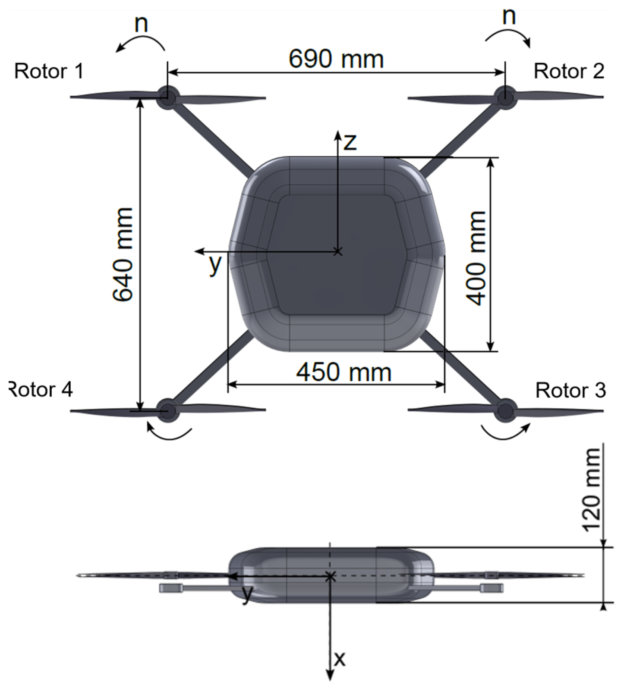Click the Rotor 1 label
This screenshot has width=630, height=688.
(x=49, y=71)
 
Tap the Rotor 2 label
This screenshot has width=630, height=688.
(x=569, y=71)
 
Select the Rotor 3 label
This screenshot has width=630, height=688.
(x=570, y=390)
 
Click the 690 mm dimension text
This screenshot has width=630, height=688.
(x=336, y=59)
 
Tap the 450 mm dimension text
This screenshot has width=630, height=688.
(x=343, y=372)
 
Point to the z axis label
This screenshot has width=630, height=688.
(x=350, y=142)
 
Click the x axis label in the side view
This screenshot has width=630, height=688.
(x=340, y=659)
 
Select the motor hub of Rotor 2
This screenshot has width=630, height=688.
(x=504, y=96)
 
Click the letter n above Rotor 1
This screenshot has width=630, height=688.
(x=141, y=24)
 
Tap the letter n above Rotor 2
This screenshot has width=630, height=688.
(x=509, y=16)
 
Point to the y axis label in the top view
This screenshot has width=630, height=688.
(x=215, y=264)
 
